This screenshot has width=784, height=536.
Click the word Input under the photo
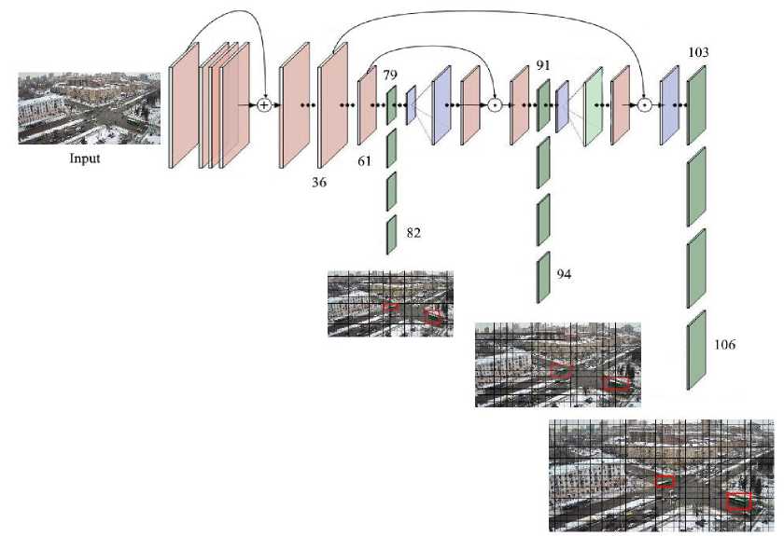pos(85,158)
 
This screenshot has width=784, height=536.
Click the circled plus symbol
pos(264,105)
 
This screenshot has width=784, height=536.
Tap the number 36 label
pos(319,183)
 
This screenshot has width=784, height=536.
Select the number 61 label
pos(365,161)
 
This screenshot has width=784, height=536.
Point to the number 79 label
pos(391,75)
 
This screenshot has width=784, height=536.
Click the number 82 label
pos(413,233)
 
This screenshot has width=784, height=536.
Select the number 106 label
pos(723,345)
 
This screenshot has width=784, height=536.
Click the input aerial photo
pos(89,109)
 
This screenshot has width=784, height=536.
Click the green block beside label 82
pos(391,234)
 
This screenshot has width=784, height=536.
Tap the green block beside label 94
pos(542,276)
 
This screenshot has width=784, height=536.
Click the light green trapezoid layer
pos(592,106)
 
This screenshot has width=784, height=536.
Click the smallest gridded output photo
pos(390,303)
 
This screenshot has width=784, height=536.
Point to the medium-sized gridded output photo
pos(558,364)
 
